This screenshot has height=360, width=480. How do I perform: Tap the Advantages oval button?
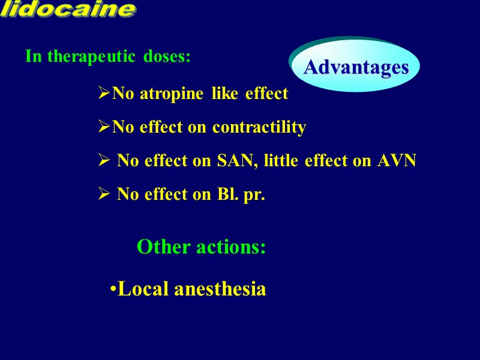click(355, 67)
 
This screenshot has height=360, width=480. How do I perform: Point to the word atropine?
click(169, 94)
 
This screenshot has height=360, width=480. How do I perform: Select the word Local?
click(143, 289)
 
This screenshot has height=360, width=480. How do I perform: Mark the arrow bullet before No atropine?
click(104, 94)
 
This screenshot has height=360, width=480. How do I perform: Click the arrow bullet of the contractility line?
click(104, 128)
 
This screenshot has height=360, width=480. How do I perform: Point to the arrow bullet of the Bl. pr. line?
click(104, 195)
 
